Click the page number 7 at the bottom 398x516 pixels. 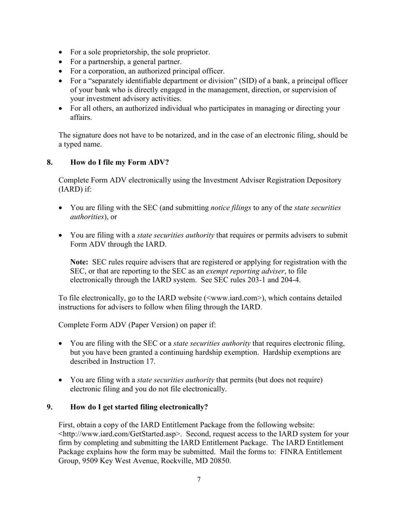(x=199, y=480)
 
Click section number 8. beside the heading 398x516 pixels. (x=50, y=162)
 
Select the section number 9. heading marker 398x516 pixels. (x=50, y=407)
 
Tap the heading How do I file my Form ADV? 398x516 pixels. (x=119, y=162)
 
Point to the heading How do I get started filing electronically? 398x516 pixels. (x=139, y=407)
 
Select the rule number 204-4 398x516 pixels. (x=291, y=280)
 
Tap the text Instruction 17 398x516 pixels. (x=134, y=362)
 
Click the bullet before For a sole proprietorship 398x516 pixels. (x=62, y=52)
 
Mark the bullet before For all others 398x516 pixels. (x=62, y=109)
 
